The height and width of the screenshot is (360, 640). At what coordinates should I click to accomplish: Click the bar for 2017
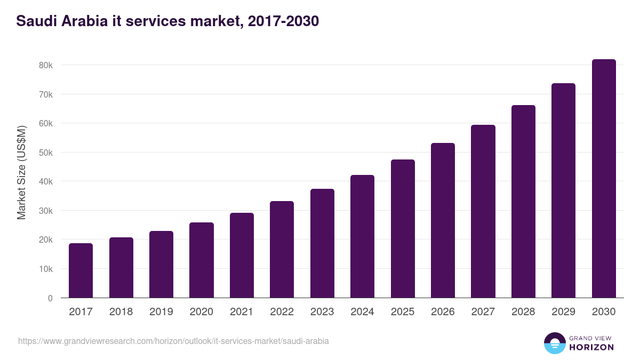click(x=81, y=270)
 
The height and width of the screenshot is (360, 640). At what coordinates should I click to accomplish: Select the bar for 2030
click(x=604, y=179)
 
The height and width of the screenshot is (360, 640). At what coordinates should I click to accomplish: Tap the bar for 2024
click(x=362, y=236)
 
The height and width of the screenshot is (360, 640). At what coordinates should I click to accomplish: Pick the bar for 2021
click(x=242, y=255)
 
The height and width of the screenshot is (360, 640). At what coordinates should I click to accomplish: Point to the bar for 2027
click(x=483, y=211)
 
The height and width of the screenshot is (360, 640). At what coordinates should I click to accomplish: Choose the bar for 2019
click(x=161, y=265)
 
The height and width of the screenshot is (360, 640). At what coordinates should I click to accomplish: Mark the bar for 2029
click(x=563, y=190)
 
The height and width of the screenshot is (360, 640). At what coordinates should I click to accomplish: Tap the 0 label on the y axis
click(x=50, y=298)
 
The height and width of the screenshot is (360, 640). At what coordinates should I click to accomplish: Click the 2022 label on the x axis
click(x=282, y=312)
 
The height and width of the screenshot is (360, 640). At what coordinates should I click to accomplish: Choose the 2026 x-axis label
click(x=443, y=312)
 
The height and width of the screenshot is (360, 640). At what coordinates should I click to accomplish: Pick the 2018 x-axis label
click(x=121, y=312)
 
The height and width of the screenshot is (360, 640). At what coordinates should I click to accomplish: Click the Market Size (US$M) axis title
click(x=21, y=172)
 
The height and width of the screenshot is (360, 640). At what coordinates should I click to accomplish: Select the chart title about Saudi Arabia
click(x=167, y=21)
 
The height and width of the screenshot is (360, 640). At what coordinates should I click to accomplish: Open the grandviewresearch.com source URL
click(x=173, y=341)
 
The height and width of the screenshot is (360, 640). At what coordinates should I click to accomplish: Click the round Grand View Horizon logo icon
click(x=554, y=343)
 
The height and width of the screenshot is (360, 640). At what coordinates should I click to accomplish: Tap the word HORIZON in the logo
click(x=591, y=347)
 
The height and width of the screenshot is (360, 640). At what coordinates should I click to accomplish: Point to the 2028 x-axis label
click(x=523, y=312)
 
